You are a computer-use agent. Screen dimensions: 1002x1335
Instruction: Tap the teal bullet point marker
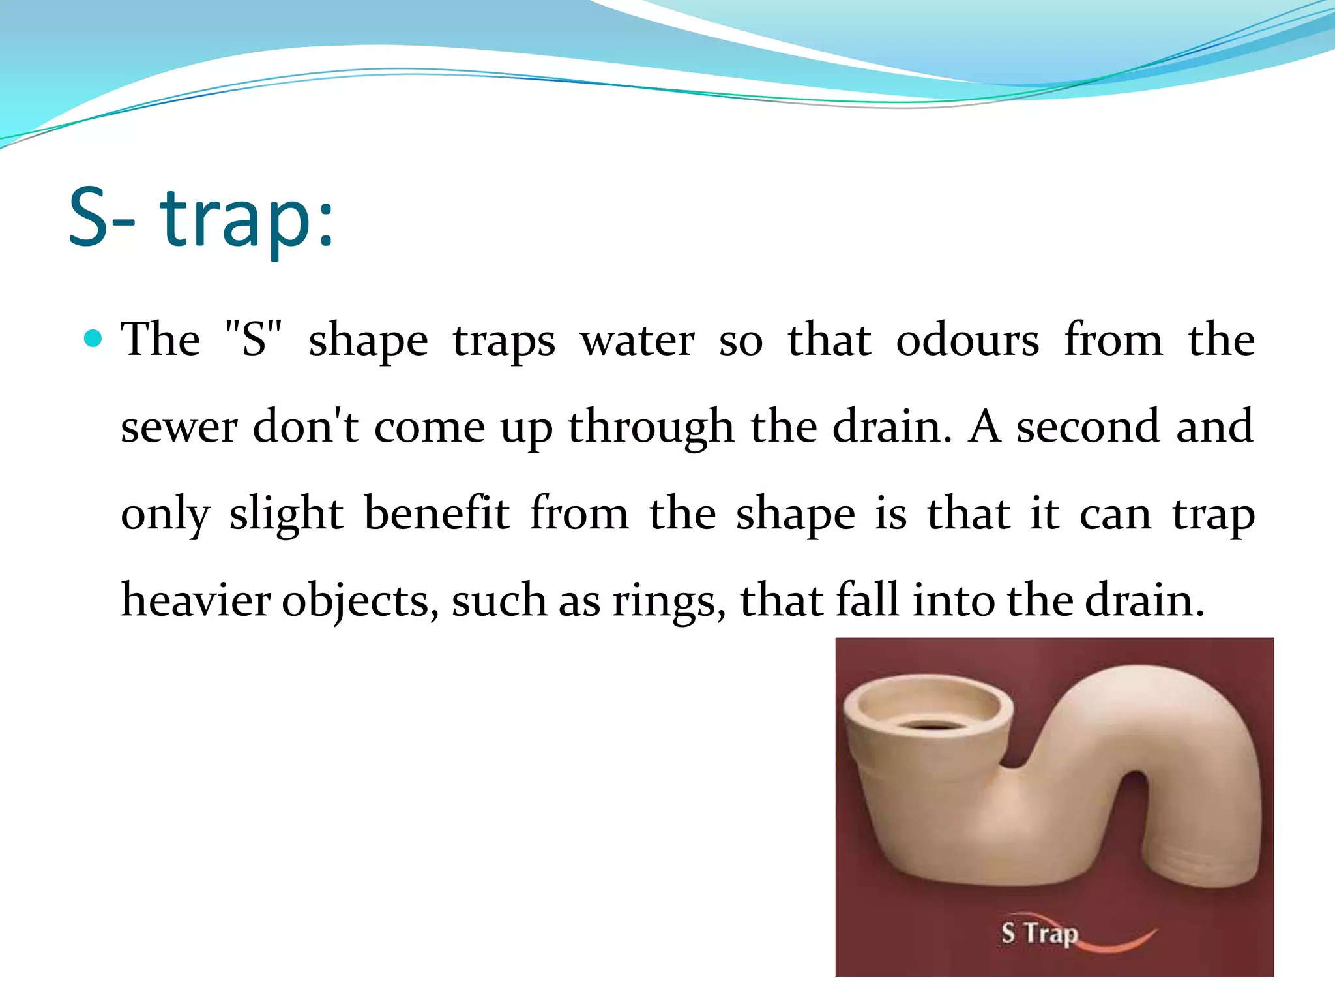click(x=93, y=339)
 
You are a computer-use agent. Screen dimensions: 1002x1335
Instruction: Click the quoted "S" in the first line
click(x=253, y=339)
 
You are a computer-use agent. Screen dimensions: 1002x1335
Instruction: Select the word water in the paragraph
click(x=638, y=341)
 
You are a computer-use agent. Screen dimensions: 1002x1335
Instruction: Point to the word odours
click(x=967, y=341)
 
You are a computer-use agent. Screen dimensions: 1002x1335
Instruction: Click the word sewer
click(x=179, y=428)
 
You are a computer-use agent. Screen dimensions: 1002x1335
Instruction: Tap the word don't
click(x=305, y=427)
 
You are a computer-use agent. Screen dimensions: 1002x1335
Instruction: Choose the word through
click(x=651, y=428)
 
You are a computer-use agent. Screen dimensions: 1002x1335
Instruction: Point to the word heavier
click(x=196, y=600)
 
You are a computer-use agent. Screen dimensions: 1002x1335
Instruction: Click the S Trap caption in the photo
click(x=1039, y=933)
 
